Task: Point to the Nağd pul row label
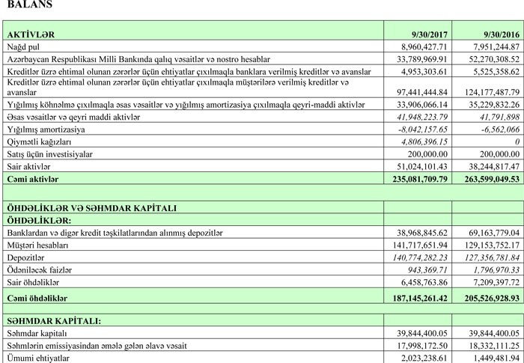pyautogui.click(x=25, y=46)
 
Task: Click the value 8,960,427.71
pyautogui.click(x=424, y=46)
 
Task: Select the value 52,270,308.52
pyautogui.click(x=490, y=58)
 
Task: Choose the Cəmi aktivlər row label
pyautogui.click(x=34, y=179)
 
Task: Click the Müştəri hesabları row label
pyautogui.click(x=37, y=245)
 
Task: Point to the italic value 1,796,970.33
pyautogui.click(x=493, y=268)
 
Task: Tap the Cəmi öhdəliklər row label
pyautogui.click(x=38, y=298)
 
